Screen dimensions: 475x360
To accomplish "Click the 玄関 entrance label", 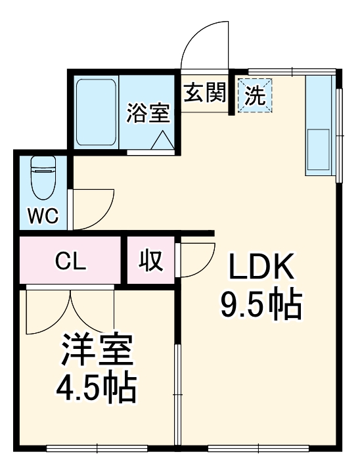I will coord(204,94).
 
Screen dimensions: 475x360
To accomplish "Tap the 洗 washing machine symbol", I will coord(255,96).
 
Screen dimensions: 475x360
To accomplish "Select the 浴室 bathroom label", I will coord(148,113).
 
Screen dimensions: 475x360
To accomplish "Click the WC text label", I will coord(43,215).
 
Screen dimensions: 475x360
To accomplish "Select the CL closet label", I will coord(70,261).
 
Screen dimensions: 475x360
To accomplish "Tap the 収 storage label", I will coord(150,261).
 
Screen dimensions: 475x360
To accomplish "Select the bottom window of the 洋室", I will coord(97,449).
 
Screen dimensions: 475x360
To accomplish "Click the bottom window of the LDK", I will coord(258,449).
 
